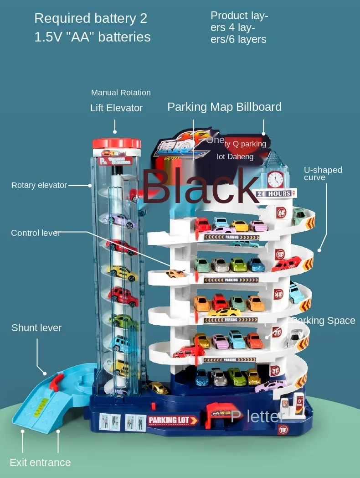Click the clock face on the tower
pyautogui.click(x=275, y=179)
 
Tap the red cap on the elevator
pyautogui.click(x=117, y=144)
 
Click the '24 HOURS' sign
pyautogui.click(x=273, y=194)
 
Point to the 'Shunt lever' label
pyautogui.click(x=36, y=327)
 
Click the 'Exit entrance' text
pyautogui.click(x=40, y=462)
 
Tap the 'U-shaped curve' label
pyautogui.click(x=323, y=173)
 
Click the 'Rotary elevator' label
pyautogui.click(x=39, y=185)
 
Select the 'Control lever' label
pyautogui.click(x=36, y=233)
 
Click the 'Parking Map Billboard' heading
pyautogui.click(x=224, y=107)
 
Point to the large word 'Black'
pyautogui.click(x=201, y=186)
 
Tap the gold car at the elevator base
pyautogui.click(x=158, y=388)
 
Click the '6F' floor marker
pyautogui.click(x=282, y=212)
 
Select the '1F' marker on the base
pyautogui.click(x=283, y=429)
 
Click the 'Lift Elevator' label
pyautogui.click(x=116, y=108)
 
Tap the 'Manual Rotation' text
pyautogui.click(x=121, y=93)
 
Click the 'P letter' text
pyautogui.click(x=258, y=416)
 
